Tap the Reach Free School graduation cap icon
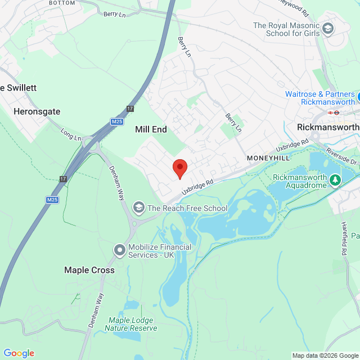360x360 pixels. [x=138, y=208]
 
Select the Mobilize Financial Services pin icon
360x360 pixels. [x=119, y=249]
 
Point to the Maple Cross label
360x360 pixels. [x=89, y=270]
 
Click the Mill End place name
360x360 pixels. [x=151, y=129]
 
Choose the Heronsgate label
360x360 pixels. [x=37, y=111]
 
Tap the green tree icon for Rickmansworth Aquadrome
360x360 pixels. [x=335, y=180]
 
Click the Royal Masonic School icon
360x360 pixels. [x=327, y=28]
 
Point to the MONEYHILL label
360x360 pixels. [x=269, y=159]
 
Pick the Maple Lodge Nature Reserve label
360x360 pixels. [x=131, y=324]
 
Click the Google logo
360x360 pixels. [x=19, y=353]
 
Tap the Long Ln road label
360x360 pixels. [x=71, y=136]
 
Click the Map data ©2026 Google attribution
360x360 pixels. [x=325, y=355]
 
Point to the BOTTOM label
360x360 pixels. [x=62, y=3]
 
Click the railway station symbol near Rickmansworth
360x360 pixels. [x=335, y=112]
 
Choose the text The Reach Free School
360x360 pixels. [x=187, y=208]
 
